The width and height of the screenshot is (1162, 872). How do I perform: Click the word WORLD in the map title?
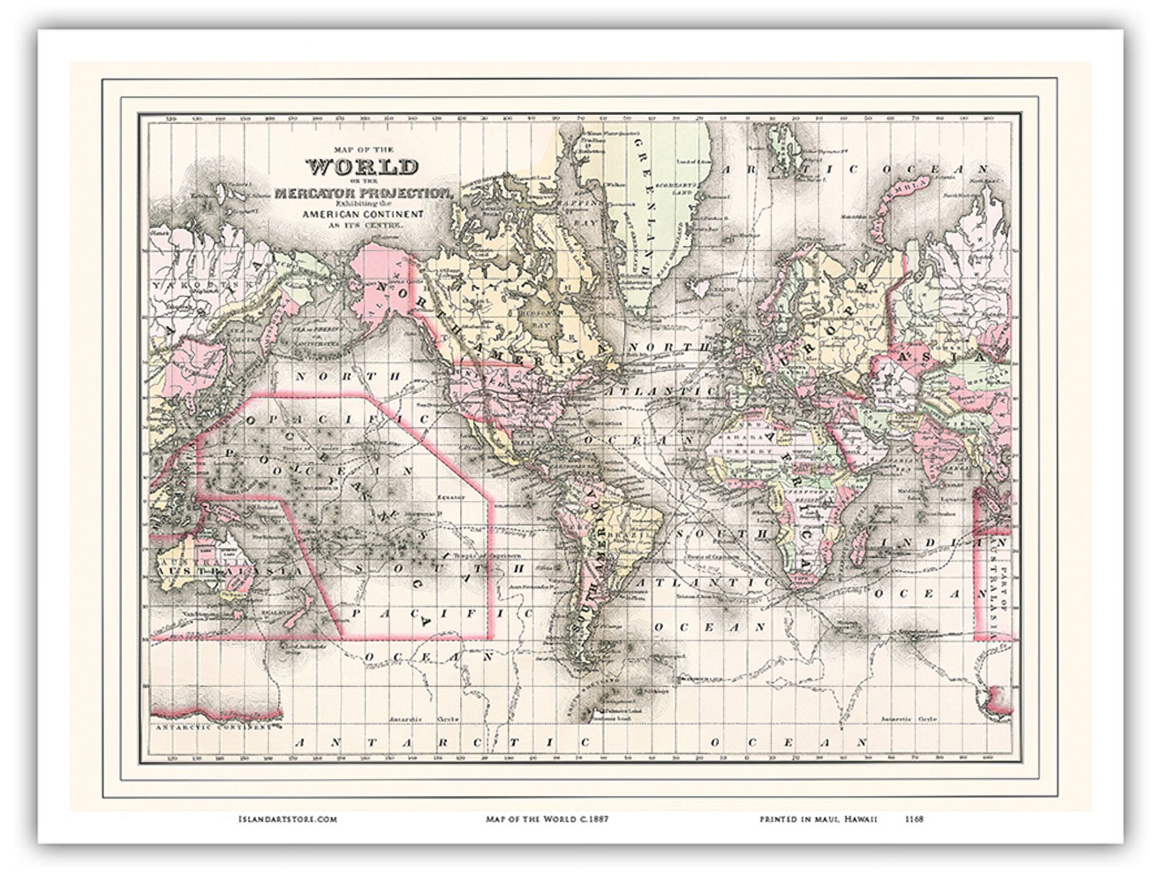pos(362,167)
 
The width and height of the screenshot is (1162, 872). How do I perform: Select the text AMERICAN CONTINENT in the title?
pos(363,214)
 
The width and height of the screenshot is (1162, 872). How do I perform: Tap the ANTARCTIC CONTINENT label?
pos(213,728)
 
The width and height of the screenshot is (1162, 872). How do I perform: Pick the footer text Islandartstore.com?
pos(287,819)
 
